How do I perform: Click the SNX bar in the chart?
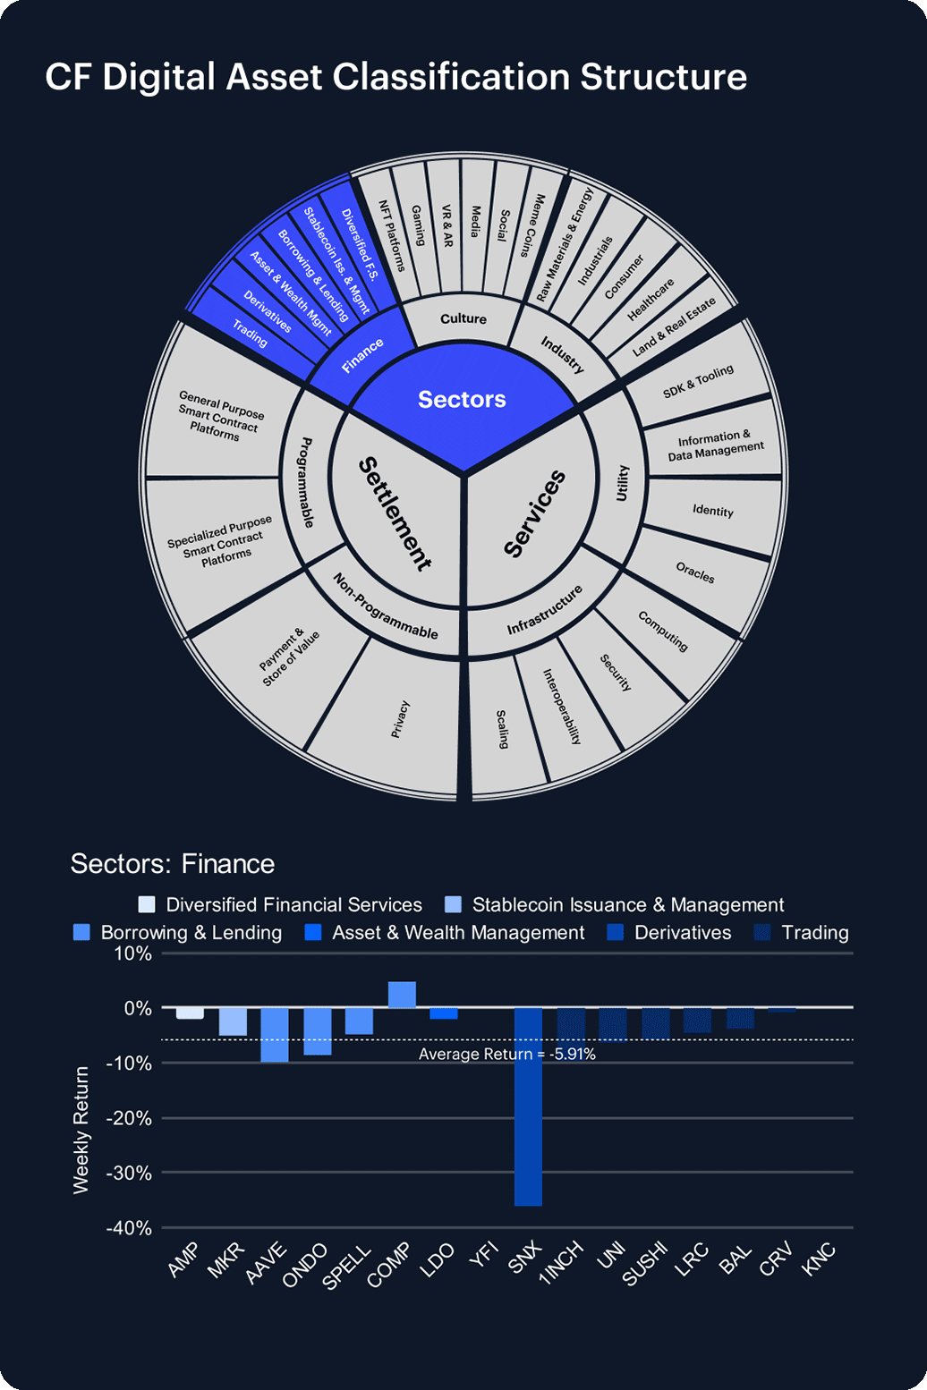528,1106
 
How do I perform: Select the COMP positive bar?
402,995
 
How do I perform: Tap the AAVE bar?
275,1035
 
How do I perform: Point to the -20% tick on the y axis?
130,1118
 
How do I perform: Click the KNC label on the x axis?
820,1260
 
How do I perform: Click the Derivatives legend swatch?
617,933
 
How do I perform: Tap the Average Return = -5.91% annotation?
506,1055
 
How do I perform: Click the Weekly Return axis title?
81,1129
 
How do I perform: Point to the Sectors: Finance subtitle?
173,864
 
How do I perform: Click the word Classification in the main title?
451,77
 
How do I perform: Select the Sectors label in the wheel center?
462,399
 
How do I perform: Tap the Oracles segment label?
695,572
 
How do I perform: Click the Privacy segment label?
399,719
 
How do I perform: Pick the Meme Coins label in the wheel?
534,225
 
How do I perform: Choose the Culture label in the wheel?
463,319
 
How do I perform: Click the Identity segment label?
713,511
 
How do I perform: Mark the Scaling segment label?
503,729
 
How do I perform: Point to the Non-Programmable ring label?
385,606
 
